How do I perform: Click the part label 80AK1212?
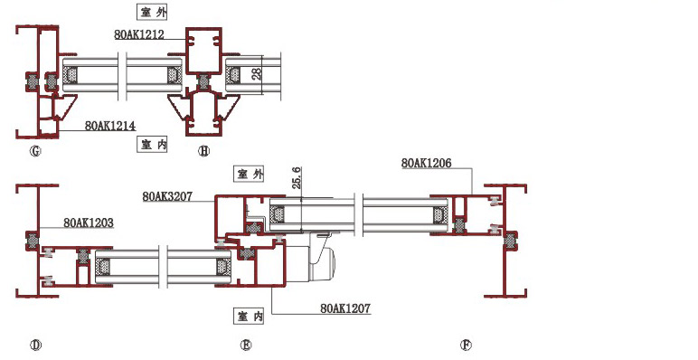[x=139, y=34]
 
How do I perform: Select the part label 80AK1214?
[x=110, y=126]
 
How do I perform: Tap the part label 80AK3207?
[x=167, y=196]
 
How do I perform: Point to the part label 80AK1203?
[x=89, y=223]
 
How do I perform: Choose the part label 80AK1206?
[x=427, y=163]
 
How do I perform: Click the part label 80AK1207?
[x=345, y=308]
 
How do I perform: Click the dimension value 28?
[x=257, y=73]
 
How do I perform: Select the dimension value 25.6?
[x=297, y=177]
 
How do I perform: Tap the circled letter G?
[x=35, y=151]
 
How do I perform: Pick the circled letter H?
[x=203, y=151]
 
